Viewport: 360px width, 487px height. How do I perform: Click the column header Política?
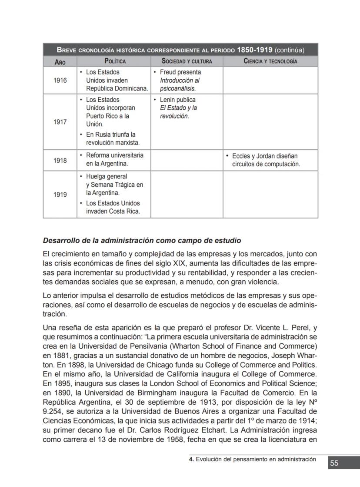tap(115, 61)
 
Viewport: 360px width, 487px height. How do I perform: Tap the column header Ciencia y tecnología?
tap(270, 61)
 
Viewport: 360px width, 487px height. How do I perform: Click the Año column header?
tap(60, 62)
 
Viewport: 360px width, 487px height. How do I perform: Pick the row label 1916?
tap(60, 81)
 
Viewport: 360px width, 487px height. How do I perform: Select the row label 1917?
tap(60, 122)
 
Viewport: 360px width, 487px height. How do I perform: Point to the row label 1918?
tap(60, 161)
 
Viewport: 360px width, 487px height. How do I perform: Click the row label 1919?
tap(60, 195)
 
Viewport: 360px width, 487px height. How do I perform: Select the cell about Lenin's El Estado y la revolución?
tap(178, 108)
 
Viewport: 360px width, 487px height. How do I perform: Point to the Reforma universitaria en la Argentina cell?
tap(114, 160)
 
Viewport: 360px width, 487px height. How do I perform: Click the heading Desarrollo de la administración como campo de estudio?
tap(142, 241)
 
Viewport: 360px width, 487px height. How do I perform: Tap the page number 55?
tap(334, 463)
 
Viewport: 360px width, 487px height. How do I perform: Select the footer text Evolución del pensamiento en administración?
tap(256, 459)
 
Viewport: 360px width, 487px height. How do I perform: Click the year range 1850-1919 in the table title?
tap(254, 50)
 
